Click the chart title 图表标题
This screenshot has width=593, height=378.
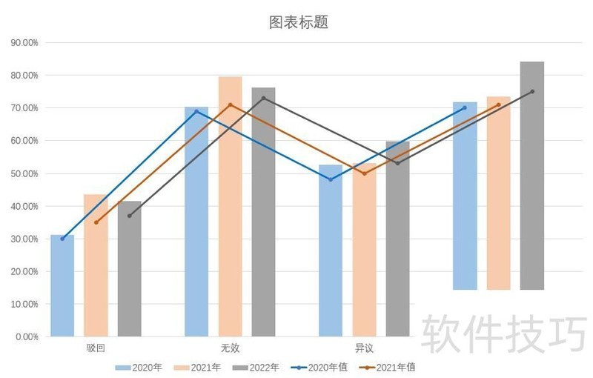298,23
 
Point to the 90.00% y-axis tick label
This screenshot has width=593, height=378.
24,43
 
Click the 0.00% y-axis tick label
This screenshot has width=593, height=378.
27,336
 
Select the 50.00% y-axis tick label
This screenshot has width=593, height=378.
24,173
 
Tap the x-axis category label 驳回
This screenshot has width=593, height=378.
96,348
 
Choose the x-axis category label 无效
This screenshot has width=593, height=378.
230,348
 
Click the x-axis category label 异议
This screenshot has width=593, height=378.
364,348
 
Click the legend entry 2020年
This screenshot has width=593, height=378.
139,367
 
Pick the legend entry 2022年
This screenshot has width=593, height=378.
256,367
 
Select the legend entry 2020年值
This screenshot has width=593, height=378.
319,367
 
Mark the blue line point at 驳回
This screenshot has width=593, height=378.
62,239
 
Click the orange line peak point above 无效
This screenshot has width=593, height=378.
230,105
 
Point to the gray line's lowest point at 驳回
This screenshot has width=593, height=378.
129,216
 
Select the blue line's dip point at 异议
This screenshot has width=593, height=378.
331,179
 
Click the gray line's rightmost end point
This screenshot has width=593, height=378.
532,91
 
